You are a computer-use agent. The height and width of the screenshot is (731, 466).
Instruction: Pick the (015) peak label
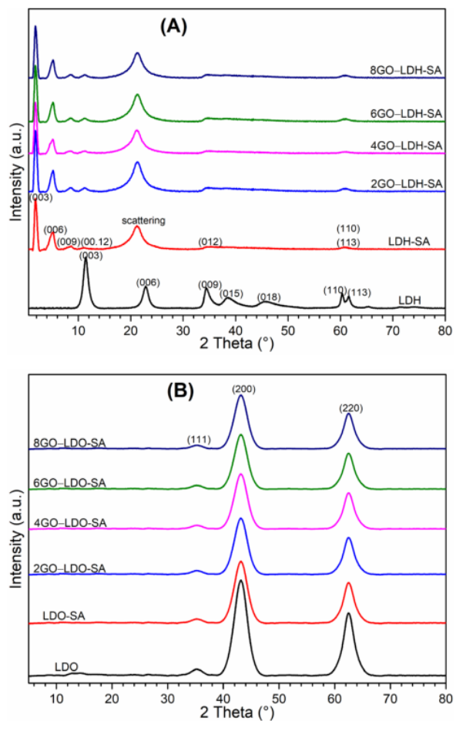(x=231, y=293)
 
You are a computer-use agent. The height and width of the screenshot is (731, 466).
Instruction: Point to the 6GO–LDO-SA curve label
(x=69, y=483)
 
